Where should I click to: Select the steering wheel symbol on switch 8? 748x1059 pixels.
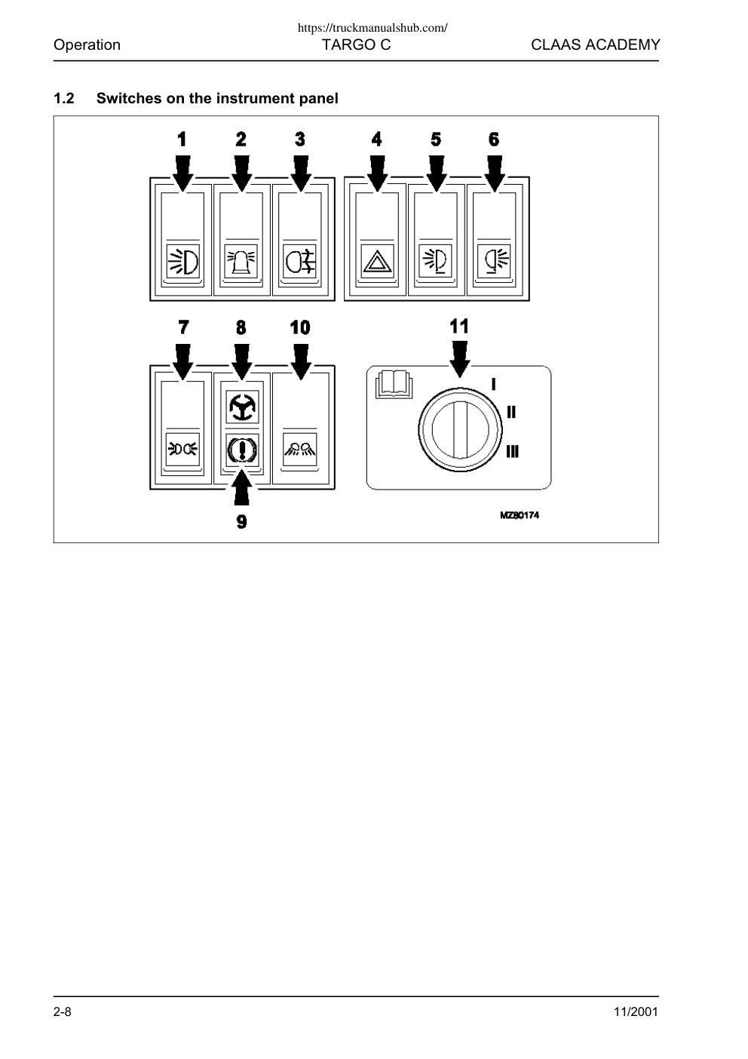tap(242, 407)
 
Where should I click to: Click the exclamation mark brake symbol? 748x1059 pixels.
tap(242, 450)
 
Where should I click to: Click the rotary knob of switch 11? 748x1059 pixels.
tap(460, 430)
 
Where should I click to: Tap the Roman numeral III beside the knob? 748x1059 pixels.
tap(512, 452)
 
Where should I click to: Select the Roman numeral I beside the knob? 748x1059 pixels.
tap(494, 384)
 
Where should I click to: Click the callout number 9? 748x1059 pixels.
tap(241, 522)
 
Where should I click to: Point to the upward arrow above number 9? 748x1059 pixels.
tap(241, 487)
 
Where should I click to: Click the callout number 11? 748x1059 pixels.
tap(458, 326)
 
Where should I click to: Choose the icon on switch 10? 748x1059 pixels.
tap(300, 449)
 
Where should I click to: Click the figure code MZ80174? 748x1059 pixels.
tap(520, 515)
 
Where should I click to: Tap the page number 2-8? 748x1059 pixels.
tap(63, 1011)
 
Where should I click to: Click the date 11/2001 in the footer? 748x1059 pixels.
tap(635, 1011)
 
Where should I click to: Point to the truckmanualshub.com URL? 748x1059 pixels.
tap(372, 28)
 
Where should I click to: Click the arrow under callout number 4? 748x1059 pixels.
tap(377, 174)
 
